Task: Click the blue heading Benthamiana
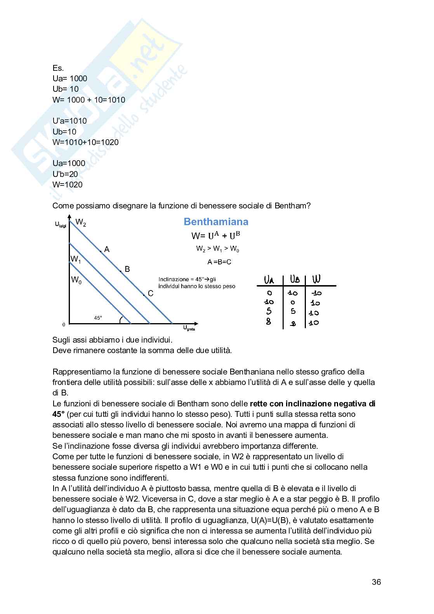pyautogui.click(x=216, y=222)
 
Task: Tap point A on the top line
pyautogui.click(x=101, y=252)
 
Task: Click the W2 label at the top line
pyautogui.click(x=81, y=222)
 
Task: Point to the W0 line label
pyautogui.click(x=76, y=280)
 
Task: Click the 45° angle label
pyautogui.click(x=98, y=318)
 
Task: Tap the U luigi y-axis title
pyautogui.click(x=61, y=224)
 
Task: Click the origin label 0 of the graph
pyautogui.click(x=64, y=324)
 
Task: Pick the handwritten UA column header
pyautogui.click(x=269, y=280)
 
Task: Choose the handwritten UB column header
pyautogui.click(x=295, y=280)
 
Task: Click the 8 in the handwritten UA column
pyautogui.click(x=269, y=322)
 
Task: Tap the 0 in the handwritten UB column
pyautogui.click(x=293, y=303)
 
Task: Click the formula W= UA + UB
pyautogui.click(x=218, y=236)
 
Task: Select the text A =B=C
pyautogui.click(x=219, y=262)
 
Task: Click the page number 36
pyautogui.click(x=376, y=582)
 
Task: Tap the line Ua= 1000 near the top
pyautogui.click(x=70, y=79)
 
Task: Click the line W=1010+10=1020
pyautogui.click(x=85, y=142)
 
